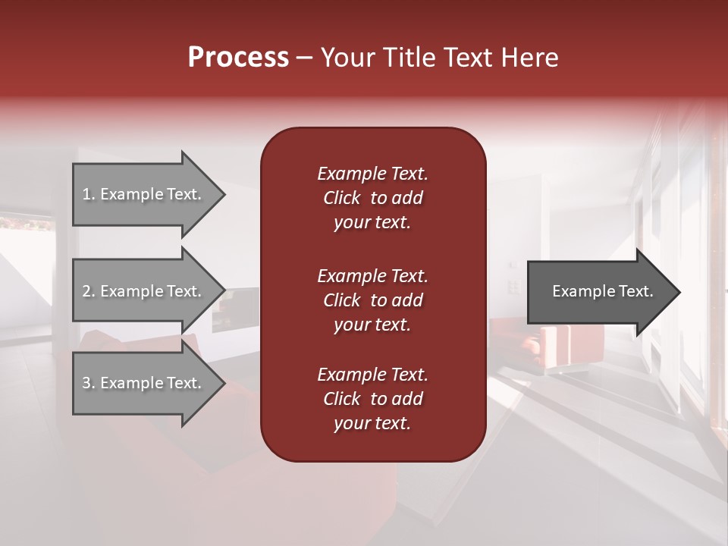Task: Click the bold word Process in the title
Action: click(x=238, y=57)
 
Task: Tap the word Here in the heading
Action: click(x=530, y=57)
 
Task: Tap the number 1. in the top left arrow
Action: click(x=89, y=194)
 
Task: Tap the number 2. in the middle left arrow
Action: click(x=89, y=291)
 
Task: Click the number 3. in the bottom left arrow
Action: click(x=89, y=383)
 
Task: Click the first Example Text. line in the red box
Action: click(x=372, y=174)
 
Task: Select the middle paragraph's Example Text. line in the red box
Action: click(x=372, y=275)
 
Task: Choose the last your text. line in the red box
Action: click(x=372, y=423)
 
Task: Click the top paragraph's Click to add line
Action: click(x=372, y=198)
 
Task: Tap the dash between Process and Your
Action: click(x=304, y=58)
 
